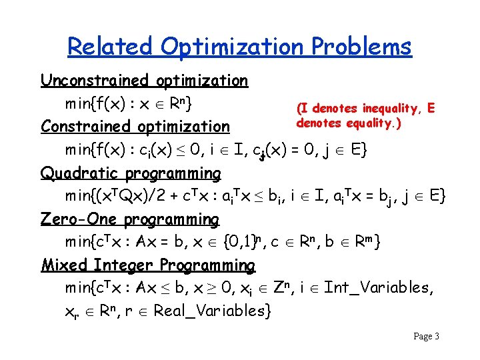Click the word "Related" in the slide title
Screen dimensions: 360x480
109,47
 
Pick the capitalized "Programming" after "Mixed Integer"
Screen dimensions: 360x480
208,265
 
